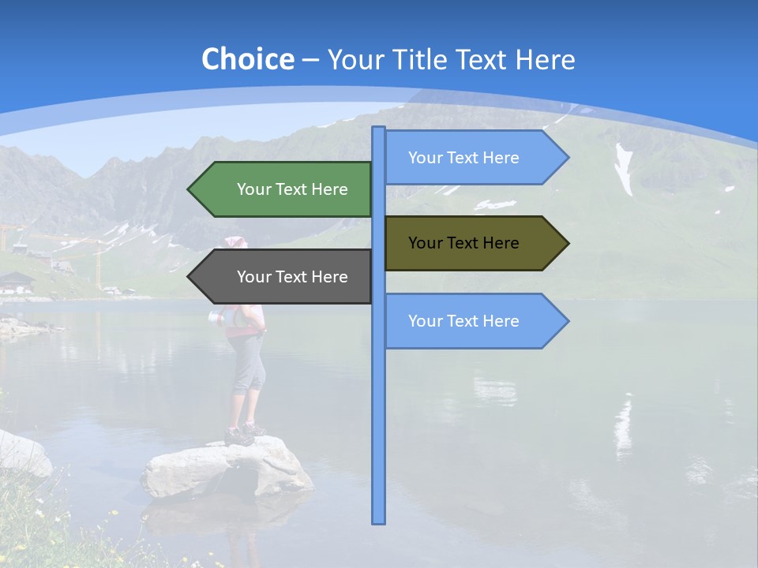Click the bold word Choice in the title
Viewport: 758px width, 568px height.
247,59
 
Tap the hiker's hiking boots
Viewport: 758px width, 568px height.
243,433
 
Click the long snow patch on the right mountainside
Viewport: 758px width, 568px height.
624,170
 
